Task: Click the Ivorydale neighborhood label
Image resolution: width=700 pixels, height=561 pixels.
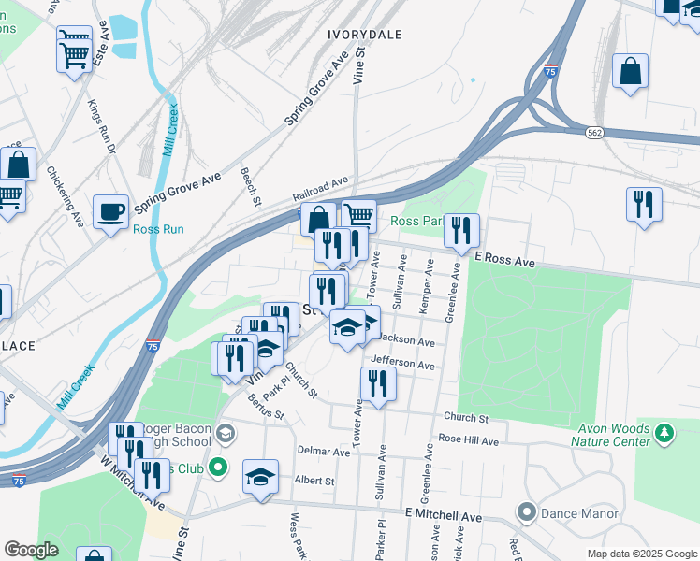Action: (x=365, y=35)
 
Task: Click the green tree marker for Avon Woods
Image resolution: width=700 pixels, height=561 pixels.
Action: (x=665, y=432)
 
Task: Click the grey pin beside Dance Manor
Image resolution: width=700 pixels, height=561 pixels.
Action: (x=526, y=512)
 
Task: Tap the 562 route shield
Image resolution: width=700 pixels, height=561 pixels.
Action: (x=595, y=134)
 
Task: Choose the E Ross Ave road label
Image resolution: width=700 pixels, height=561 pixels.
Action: (x=503, y=261)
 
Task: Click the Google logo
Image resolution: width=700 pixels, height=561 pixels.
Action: (x=31, y=550)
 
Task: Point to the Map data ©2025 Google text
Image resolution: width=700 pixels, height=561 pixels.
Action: (x=641, y=554)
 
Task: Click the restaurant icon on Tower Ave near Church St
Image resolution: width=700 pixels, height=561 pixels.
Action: (x=378, y=384)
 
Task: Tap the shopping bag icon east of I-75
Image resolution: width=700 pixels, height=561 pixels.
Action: (x=631, y=72)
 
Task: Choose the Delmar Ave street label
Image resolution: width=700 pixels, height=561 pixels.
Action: (x=324, y=451)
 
